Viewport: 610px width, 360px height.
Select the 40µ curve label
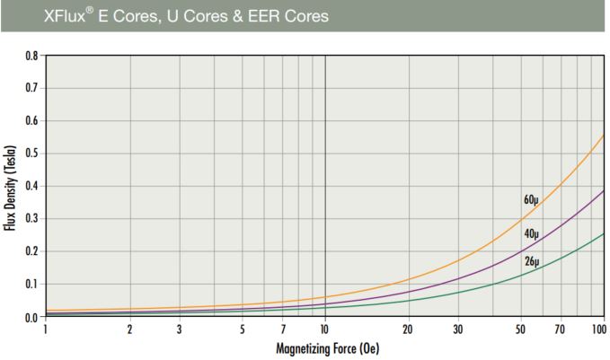pos(531,233)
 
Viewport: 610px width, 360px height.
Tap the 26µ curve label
pos(531,261)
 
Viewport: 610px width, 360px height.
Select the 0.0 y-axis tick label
pos(30,317)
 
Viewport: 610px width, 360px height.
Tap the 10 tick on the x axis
pos(324,329)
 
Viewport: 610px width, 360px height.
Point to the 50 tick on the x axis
pos(520,329)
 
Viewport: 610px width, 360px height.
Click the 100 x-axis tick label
pos(598,329)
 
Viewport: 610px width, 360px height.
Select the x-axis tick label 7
pos(282,329)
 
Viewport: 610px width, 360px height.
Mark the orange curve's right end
pos(603,136)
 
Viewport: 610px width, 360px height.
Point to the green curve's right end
pos(603,233)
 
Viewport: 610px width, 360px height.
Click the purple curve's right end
pos(603,190)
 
